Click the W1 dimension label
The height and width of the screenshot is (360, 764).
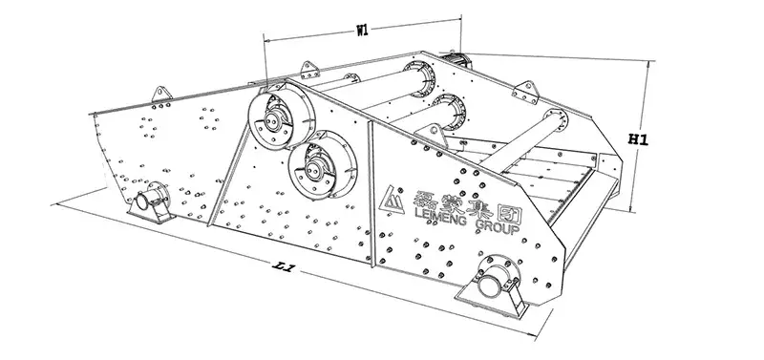362,31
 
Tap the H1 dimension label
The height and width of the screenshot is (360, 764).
638,139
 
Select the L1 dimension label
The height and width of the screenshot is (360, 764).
283,266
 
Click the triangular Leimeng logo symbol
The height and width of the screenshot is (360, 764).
392,199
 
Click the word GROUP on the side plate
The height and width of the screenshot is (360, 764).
497,226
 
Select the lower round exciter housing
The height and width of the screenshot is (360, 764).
322,164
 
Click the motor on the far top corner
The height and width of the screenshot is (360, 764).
456,59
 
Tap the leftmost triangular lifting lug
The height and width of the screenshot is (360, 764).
161,94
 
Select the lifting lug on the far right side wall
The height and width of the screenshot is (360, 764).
525,92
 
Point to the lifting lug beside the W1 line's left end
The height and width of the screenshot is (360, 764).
309,70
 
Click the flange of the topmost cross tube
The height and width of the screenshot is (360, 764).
419,78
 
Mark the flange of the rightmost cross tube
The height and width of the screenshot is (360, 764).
557,119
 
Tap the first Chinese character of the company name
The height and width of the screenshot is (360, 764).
424,199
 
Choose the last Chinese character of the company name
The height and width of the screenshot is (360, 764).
509,213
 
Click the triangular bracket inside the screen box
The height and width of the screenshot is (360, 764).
432,135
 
